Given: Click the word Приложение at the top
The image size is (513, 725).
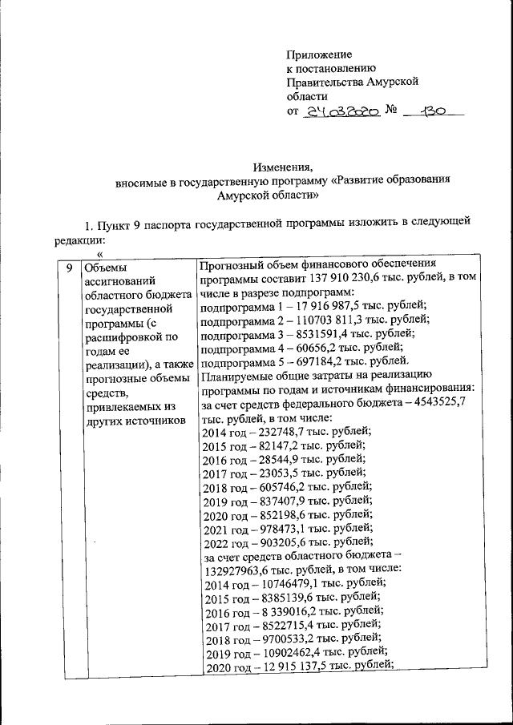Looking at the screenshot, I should click(319, 54).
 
